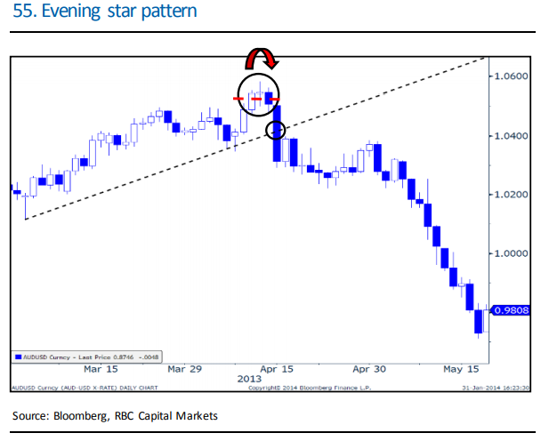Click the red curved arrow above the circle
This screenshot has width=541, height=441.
262,59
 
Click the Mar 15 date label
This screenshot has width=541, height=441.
101,368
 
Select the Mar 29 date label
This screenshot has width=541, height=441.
184,368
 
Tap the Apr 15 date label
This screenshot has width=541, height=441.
276,368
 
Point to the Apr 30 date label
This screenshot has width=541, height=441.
368,368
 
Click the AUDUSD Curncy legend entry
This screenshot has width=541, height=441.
76,357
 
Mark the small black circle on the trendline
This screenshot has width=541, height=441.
276,131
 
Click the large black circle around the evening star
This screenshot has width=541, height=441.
258,93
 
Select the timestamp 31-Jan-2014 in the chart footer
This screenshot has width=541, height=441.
478,388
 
